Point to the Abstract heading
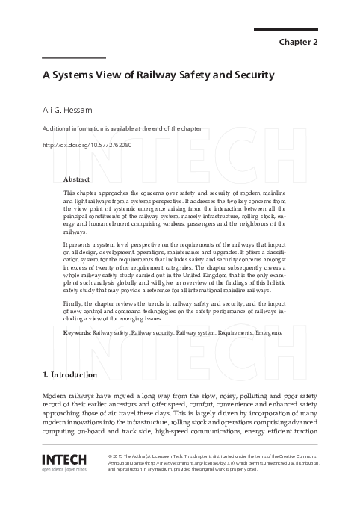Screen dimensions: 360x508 (77, 180)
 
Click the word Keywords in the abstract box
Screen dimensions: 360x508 (77, 332)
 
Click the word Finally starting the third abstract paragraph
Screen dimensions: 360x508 (75, 306)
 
